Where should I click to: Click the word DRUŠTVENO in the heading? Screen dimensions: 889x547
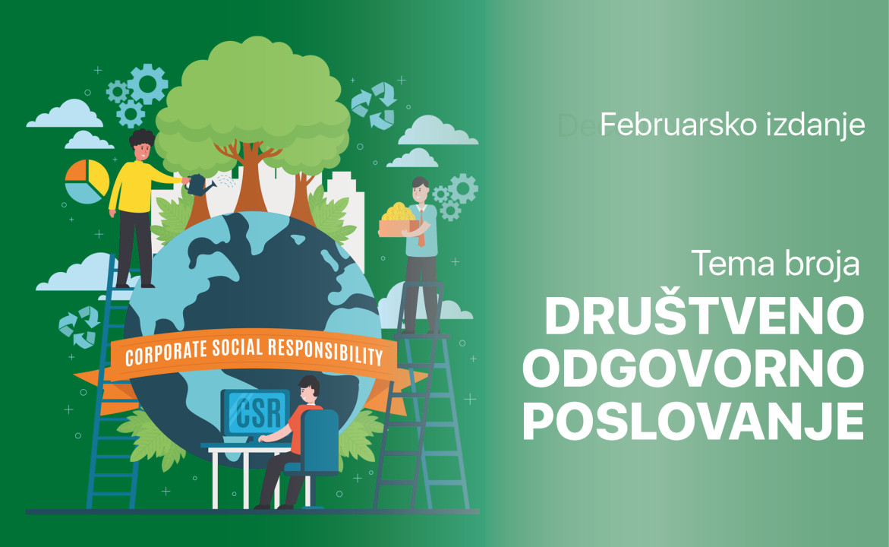[705, 316]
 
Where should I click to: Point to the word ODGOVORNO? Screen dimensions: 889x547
[693, 368]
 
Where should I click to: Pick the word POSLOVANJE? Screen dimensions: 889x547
[693, 421]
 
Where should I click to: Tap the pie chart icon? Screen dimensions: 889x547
[87, 181]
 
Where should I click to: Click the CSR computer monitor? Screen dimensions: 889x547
[255, 411]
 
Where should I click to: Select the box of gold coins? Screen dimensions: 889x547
[399, 220]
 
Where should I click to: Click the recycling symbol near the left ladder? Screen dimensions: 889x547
[80, 327]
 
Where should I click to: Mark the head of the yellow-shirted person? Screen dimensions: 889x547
[141, 145]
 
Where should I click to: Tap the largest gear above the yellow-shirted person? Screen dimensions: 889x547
[147, 84]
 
